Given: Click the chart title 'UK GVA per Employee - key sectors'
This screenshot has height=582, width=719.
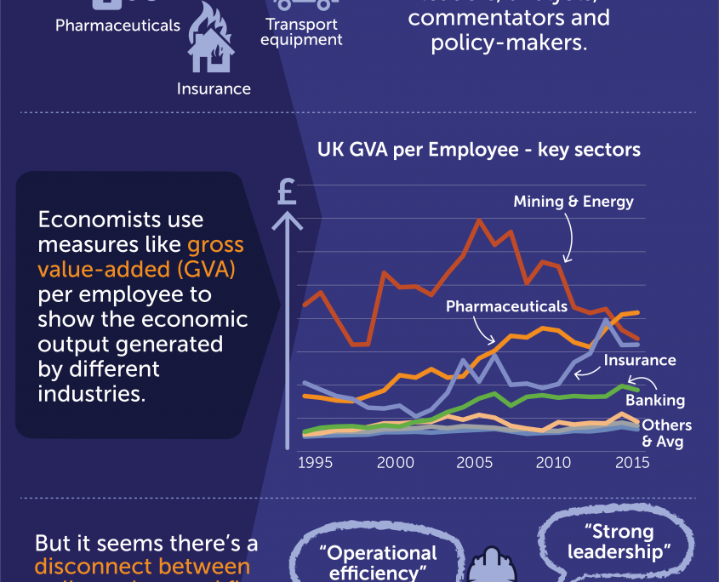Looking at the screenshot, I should point(478,150).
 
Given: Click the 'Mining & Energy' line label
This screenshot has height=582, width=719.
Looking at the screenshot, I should point(573,202).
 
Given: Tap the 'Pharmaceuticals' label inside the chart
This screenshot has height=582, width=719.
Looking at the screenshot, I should point(506,306).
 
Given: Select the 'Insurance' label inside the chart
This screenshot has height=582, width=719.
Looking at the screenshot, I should point(640,360).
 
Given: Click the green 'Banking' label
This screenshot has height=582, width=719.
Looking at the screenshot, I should point(655,400).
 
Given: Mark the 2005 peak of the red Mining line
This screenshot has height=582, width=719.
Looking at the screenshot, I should point(480,220).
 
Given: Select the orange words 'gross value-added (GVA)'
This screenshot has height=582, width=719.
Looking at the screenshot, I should point(140,258).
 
